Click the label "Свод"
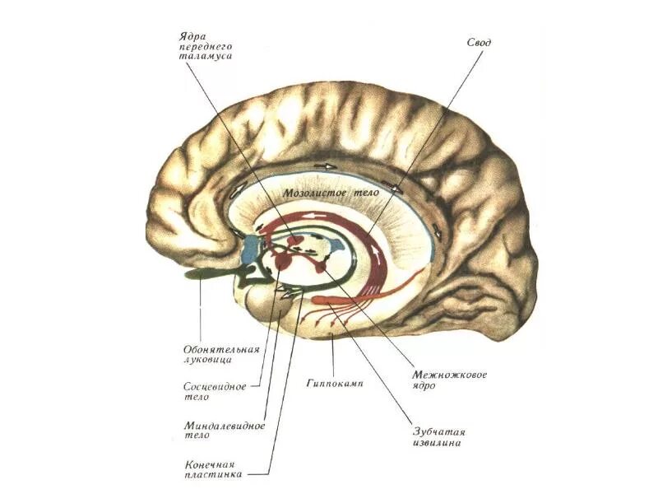(x=479, y=41)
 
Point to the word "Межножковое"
(x=450, y=375)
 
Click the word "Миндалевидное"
(x=224, y=426)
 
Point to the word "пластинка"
(x=214, y=475)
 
